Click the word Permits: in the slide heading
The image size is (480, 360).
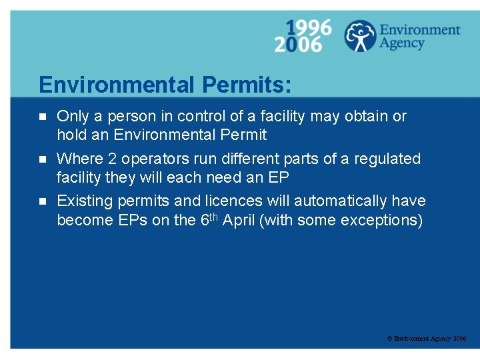click(247, 85)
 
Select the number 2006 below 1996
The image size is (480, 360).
click(298, 44)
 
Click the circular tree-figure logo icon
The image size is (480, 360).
click(360, 35)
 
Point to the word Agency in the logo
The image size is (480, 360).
click(402, 43)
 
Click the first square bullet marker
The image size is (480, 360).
click(43, 117)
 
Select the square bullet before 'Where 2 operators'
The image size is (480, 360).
click(43, 159)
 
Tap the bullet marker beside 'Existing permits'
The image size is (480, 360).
click(43, 201)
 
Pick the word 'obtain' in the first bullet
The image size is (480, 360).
click(365, 116)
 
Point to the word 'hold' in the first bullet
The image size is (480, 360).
click(71, 135)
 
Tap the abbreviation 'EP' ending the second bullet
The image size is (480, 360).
click(278, 178)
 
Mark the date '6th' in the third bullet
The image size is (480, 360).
click(209, 219)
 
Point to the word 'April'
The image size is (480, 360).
click(241, 220)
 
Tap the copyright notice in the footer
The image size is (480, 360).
click(427, 339)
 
